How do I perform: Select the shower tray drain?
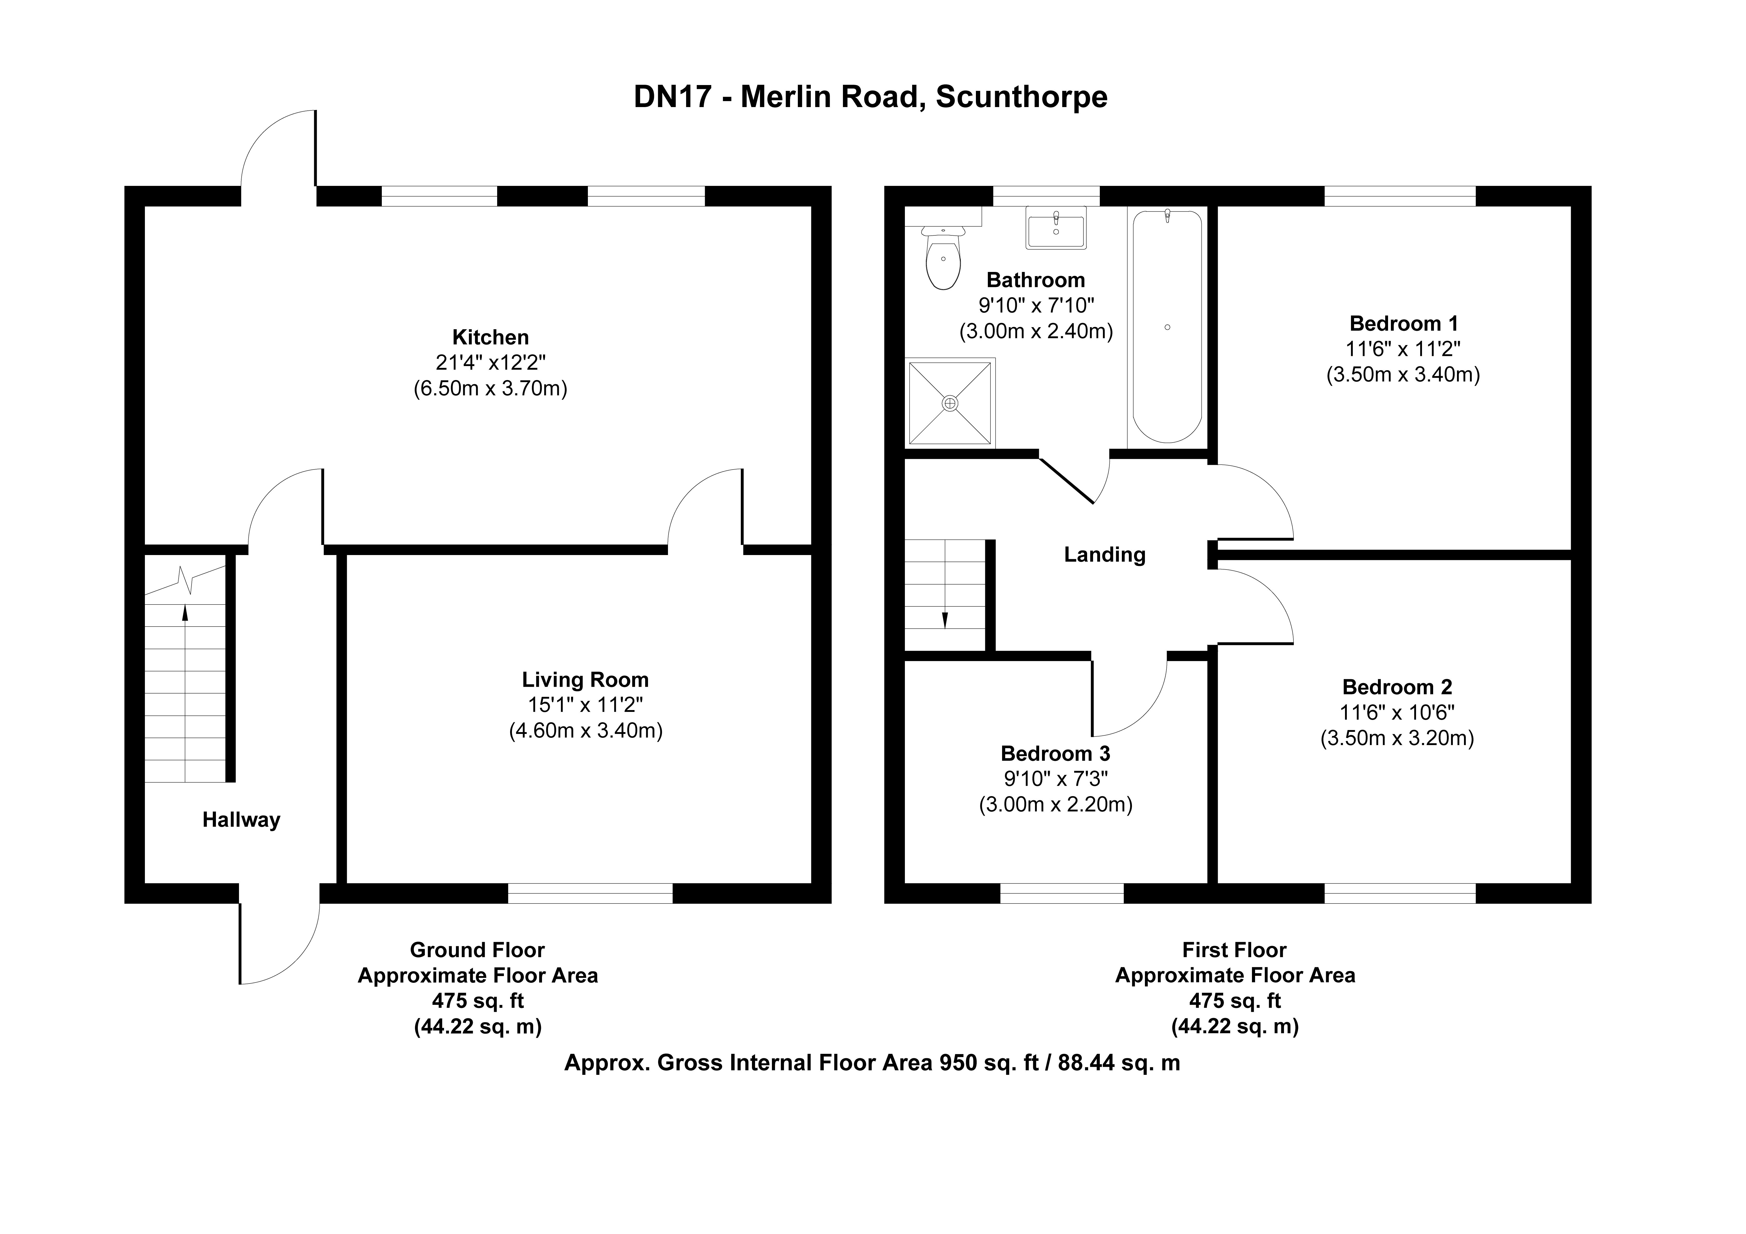pos(950,403)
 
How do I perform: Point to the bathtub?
pos(1167,327)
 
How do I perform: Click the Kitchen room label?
pos(490,337)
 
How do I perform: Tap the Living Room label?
pos(585,679)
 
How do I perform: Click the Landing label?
pos(1104,555)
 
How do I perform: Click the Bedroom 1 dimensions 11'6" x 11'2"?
pos(1403,349)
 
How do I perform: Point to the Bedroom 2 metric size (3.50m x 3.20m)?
pos(1397,738)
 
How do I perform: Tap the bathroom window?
pos(1046,196)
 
